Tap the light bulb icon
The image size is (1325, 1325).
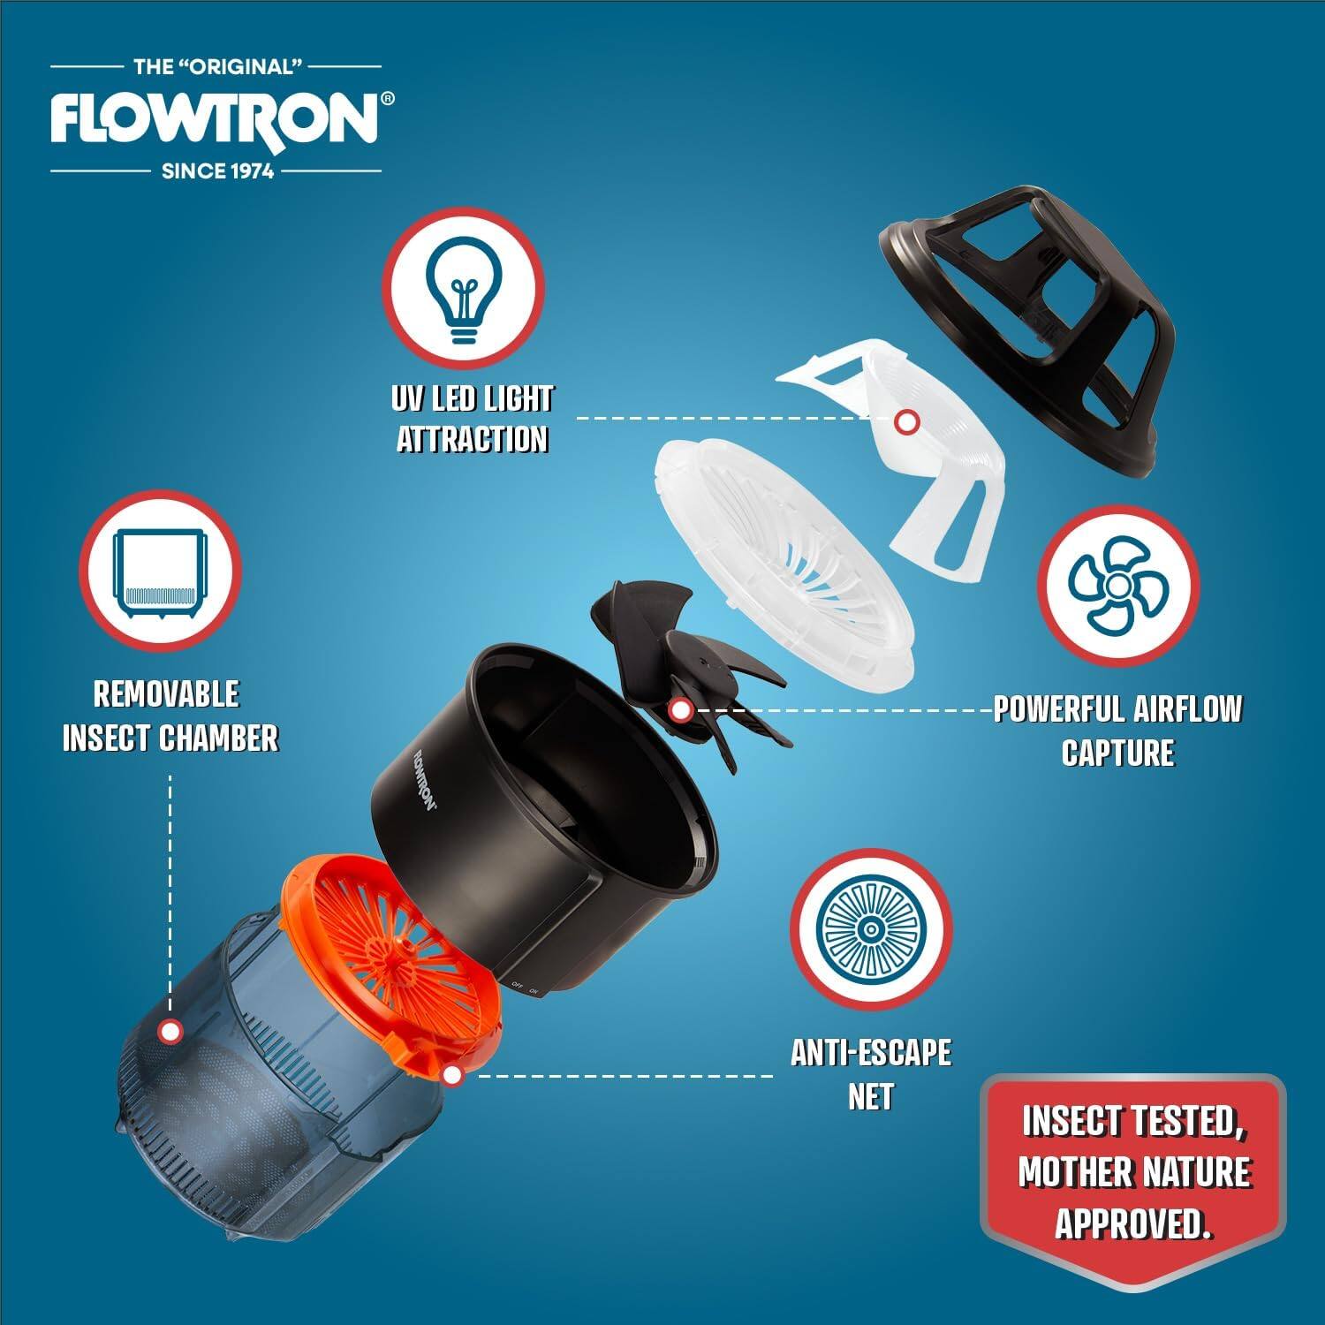tap(463, 289)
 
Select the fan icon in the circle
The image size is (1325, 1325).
tap(1117, 586)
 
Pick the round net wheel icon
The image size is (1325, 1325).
tap(871, 928)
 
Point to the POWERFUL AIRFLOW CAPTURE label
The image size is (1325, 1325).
tap(1117, 731)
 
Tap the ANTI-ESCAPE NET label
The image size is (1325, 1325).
tap(871, 1074)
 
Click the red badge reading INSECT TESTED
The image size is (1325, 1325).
tap(1134, 1170)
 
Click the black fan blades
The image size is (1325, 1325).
tap(698, 671)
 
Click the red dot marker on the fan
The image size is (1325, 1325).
tap(679, 709)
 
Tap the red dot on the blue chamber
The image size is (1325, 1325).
tap(170, 1031)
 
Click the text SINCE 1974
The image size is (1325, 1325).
tap(217, 170)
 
